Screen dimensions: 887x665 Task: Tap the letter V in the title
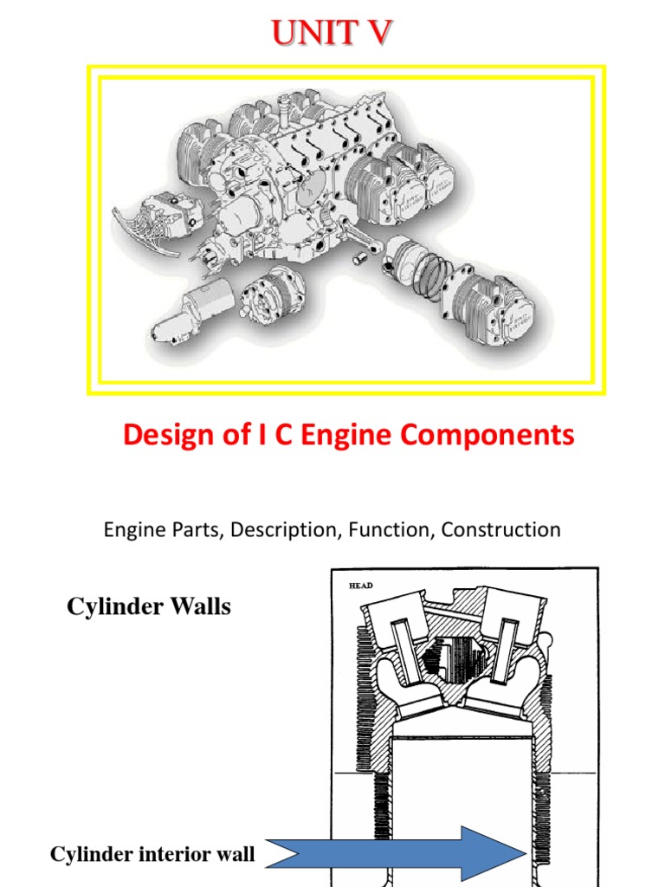click(x=378, y=33)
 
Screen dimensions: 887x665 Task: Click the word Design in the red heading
click(x=163, y=435)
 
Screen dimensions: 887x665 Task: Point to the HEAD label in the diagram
click(x=360, y=586)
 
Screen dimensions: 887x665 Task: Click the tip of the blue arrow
click(x=526, y=854)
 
